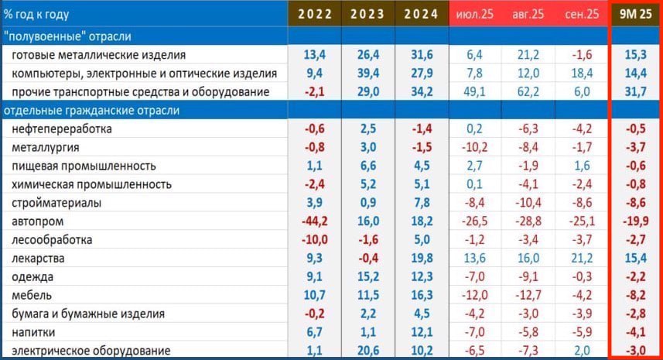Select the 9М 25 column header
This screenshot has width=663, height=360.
point(636,15)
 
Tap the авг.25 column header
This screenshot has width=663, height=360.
point(528,15)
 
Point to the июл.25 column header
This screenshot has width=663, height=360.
point(475,15)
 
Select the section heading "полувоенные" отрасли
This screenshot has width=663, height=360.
point(67,36)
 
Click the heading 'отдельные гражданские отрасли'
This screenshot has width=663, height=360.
point(91,111)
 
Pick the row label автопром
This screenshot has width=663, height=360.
point(36,221)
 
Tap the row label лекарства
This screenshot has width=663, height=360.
point(39,258)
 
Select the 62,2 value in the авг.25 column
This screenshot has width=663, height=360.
point(528,92)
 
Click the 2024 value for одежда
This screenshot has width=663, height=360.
point(422,276)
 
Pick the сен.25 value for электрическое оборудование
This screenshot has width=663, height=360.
point(582,350)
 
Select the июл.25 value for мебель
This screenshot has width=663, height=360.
point(475,295)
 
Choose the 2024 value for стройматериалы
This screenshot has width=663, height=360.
point(422,203)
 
